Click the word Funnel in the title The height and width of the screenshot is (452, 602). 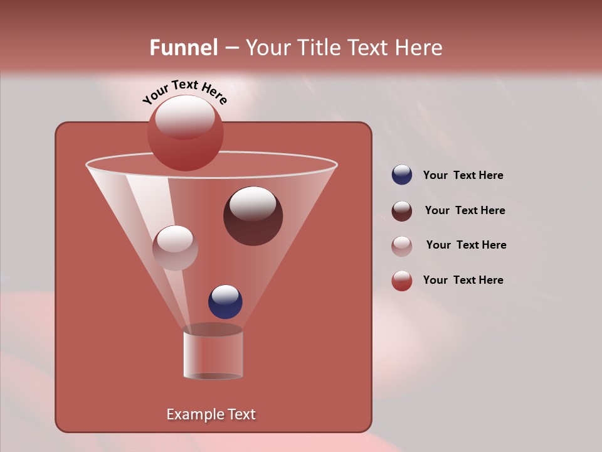tap(183, 48)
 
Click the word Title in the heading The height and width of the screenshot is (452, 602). tap(317, 48)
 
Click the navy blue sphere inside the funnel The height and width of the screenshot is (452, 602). tap(225, 303)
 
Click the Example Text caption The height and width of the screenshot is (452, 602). tap(211, 414)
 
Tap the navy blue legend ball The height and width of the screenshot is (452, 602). tap(402, 175)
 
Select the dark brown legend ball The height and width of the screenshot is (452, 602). tap(402, 211)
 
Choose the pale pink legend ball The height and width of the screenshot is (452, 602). tap(402, 245)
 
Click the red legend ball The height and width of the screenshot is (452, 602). tap(402, 281)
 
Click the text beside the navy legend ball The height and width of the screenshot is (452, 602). tap(463, 176)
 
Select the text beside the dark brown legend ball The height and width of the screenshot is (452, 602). tap(465, 211)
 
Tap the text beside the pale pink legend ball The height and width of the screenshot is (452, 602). tap(466, 245)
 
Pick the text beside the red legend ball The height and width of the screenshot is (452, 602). tap(463, 281)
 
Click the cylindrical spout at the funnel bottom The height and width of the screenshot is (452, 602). tap(213, 353)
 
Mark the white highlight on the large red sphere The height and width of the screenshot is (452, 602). tap(185, 117)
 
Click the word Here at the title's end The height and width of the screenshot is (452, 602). tap(419, 48)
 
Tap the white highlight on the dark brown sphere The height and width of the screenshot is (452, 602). tap(253, 203)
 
